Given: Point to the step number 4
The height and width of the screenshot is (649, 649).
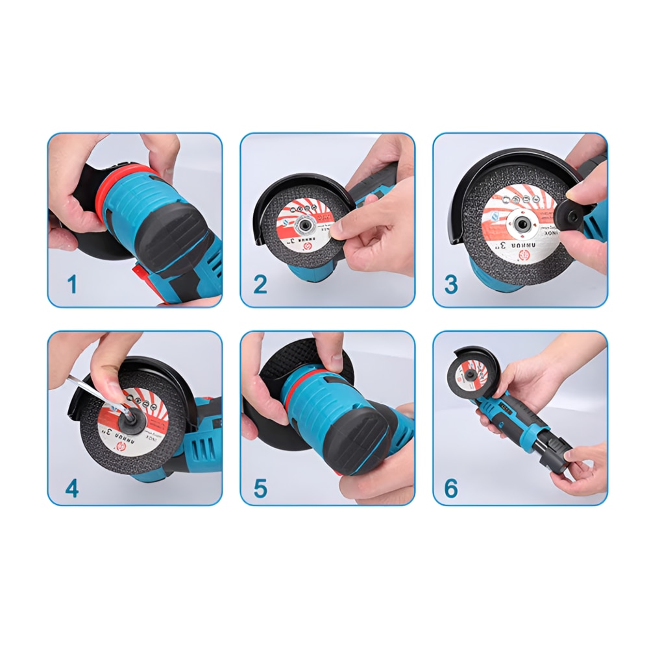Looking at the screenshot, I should tap(72, 488).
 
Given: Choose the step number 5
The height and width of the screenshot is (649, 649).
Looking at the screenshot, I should tap(260, 488).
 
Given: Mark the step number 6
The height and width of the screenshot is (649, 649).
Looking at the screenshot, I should tap(451, 488).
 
